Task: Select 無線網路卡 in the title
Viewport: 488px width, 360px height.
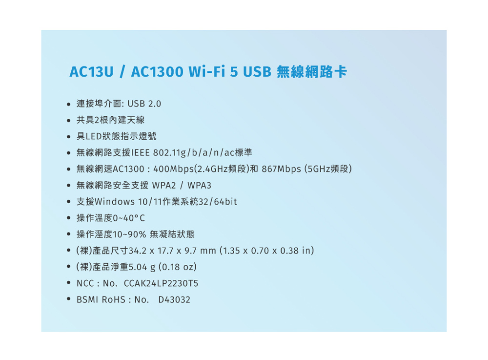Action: [312, 72]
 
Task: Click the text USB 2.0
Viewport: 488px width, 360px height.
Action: [144, 104]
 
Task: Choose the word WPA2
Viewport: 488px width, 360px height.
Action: [164, 185]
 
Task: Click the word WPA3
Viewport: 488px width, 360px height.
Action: [199, 185]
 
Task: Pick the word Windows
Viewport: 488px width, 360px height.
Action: [115, 202]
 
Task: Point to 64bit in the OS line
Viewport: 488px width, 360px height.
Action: [225, 202]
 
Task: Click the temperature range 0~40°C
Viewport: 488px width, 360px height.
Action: [128, 218]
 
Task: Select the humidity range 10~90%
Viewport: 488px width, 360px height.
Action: [129, 234]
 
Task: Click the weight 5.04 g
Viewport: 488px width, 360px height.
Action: [142, 267]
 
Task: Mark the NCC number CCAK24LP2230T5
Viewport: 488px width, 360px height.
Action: [161, 283]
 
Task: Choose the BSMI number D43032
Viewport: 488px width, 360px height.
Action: [174, 299]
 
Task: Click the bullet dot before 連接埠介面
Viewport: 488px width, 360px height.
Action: [69, 105]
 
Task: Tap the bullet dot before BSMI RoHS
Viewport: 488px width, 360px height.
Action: [69, 299]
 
